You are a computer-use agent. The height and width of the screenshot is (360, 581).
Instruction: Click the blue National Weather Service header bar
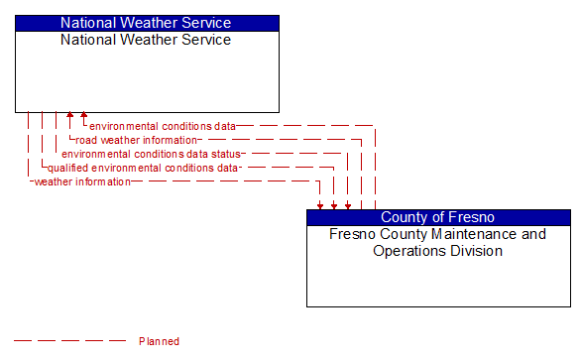[146, 23]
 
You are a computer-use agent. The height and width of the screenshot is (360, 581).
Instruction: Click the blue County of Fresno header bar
[437, 217]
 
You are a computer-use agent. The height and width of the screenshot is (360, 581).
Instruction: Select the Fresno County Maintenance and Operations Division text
[437, 242]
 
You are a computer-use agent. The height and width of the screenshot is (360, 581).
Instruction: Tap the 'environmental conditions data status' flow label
[151, 154]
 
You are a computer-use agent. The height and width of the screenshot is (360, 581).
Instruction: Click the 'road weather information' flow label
[137, 140]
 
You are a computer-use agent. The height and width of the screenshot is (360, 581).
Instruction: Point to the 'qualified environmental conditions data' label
[143, 168]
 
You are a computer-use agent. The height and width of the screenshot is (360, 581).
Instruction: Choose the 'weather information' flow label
[82, 181]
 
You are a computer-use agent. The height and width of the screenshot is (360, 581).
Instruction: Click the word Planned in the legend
[159, 341]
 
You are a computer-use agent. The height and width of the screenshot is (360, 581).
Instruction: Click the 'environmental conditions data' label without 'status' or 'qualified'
[163, 126]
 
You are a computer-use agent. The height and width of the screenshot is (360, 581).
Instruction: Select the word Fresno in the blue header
[472, 217]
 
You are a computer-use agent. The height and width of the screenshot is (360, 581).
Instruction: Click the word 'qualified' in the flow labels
[66, 168]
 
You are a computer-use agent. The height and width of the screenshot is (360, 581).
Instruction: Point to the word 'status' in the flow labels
[224, 154]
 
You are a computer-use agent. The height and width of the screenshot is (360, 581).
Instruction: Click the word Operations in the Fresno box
[407, 251]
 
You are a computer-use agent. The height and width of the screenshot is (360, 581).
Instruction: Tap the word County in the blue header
[405, 217]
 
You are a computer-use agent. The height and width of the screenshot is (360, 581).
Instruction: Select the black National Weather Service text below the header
[146, 40]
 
